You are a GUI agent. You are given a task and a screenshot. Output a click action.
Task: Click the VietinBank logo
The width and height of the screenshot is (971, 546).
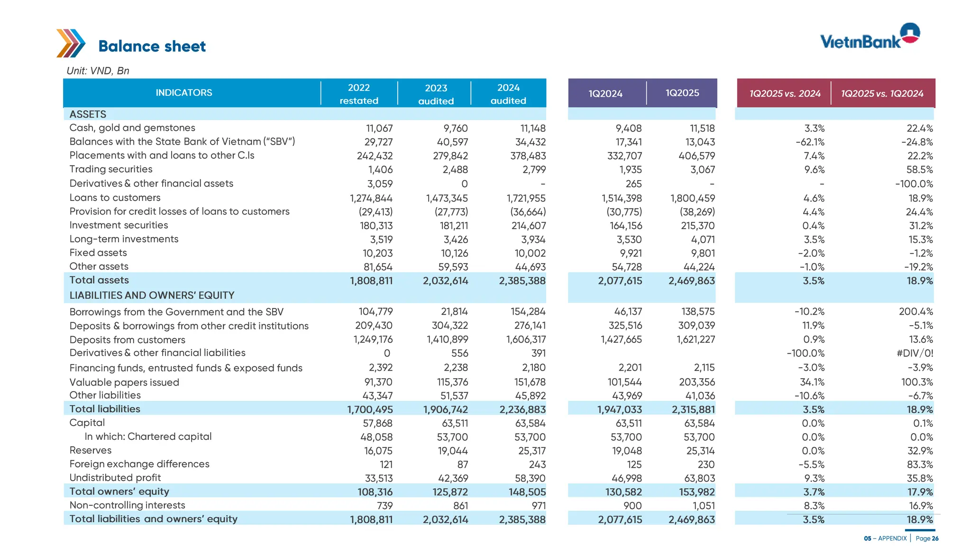click(x=870, y=37)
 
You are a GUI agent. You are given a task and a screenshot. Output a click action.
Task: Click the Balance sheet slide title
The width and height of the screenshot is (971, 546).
click(x=152, y=46)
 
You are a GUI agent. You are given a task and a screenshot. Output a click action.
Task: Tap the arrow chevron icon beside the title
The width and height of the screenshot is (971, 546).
click(x=71, y=43)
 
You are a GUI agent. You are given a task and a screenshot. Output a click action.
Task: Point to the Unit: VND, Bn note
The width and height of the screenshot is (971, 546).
click(x=98, y=71)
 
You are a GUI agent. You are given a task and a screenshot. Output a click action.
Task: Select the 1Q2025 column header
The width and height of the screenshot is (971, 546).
click(x=682, y=93)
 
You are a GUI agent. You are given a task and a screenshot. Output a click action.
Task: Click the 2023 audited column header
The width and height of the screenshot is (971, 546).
click(x=436, y=94)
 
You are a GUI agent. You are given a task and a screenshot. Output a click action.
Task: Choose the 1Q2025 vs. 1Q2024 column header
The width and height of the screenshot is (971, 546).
click(x=882, y=93)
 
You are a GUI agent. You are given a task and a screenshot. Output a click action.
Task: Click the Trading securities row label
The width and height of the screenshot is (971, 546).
click(x=111, y=169)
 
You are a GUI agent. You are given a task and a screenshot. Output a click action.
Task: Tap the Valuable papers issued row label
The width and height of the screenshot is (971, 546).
click(x=124, y=382)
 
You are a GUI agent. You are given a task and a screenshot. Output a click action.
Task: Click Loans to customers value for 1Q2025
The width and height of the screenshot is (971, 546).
click(x=692, y=198)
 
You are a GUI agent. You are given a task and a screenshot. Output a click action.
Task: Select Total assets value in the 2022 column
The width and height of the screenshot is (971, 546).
click(x=371, y=281)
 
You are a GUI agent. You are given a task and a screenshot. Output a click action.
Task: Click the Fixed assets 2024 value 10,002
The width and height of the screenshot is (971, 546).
click(x=530, y=254)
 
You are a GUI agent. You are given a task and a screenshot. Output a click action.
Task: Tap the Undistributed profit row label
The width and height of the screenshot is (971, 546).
click(x=115, y=478)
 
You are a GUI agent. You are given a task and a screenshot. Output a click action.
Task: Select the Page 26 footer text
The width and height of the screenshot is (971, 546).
click(x=927, y=538)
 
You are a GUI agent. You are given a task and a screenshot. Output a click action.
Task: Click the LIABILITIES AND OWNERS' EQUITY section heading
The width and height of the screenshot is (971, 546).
click(x=152, y=295)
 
